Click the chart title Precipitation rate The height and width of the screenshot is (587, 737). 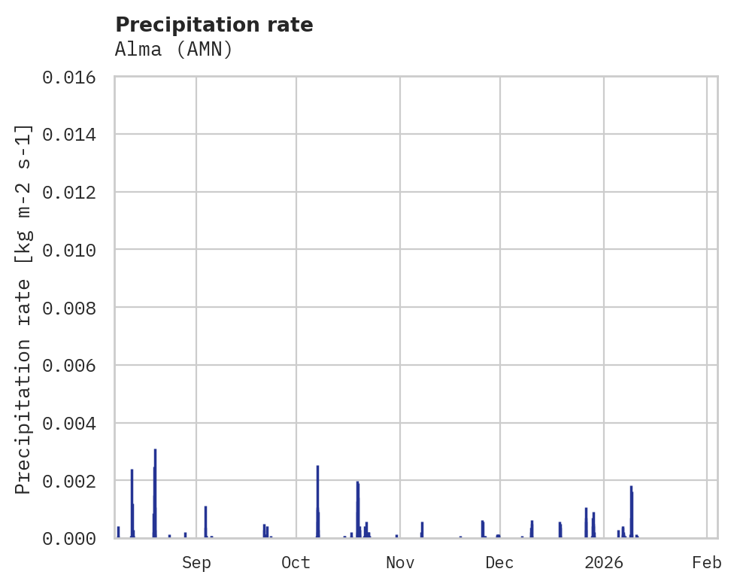pyautogui.click(x=214, y=25)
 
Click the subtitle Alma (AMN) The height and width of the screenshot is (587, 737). pyautogui.click(x=174, y=50)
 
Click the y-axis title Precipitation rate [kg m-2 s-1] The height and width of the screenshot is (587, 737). pyautogui.click(x=23, y=309)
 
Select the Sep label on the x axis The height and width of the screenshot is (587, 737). pyautogui.click(x=196, y=563)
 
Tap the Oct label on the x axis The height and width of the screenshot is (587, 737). pyautogui.click(x=296, y=563)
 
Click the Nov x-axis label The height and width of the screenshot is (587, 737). pyautogui.click(x=399, y=563)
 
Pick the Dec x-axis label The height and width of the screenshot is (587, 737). pyautogui.click(x=499, y=563)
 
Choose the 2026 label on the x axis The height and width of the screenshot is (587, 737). pyautogui.click(x=604, y=563)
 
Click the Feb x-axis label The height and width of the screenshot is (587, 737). pyautogui.click(x=707, y=563)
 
